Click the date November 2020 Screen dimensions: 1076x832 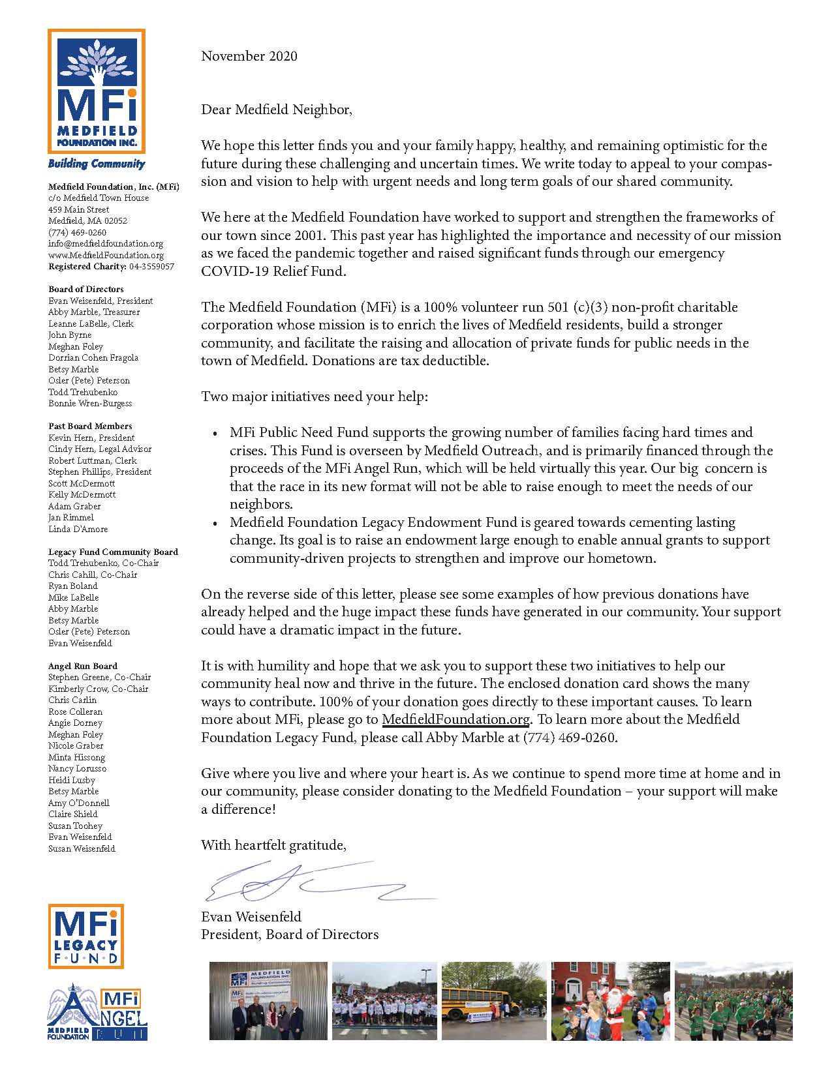(x=249, y=56)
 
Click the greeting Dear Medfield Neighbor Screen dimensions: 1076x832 (x=276, y=110)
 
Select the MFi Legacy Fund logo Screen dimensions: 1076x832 (x=86, y=936)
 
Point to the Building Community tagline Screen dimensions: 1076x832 (x=96, y=164)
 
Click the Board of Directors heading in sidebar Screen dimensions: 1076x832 (x=85, y=289)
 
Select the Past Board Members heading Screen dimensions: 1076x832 (x=90, y=426)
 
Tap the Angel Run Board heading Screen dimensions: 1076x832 (x=82, y=666)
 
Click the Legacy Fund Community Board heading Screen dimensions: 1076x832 (x=113, y=552)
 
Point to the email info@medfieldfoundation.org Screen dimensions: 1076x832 (x=106, y=244)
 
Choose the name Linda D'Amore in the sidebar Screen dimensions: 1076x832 (x=78, y=529)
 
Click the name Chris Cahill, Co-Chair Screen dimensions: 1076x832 (x=93, y=575)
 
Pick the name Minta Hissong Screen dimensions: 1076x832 (x=76, y=757)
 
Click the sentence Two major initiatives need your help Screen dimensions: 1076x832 (x=315, y=396)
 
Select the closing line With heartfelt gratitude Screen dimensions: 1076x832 (x=273, y=845)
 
